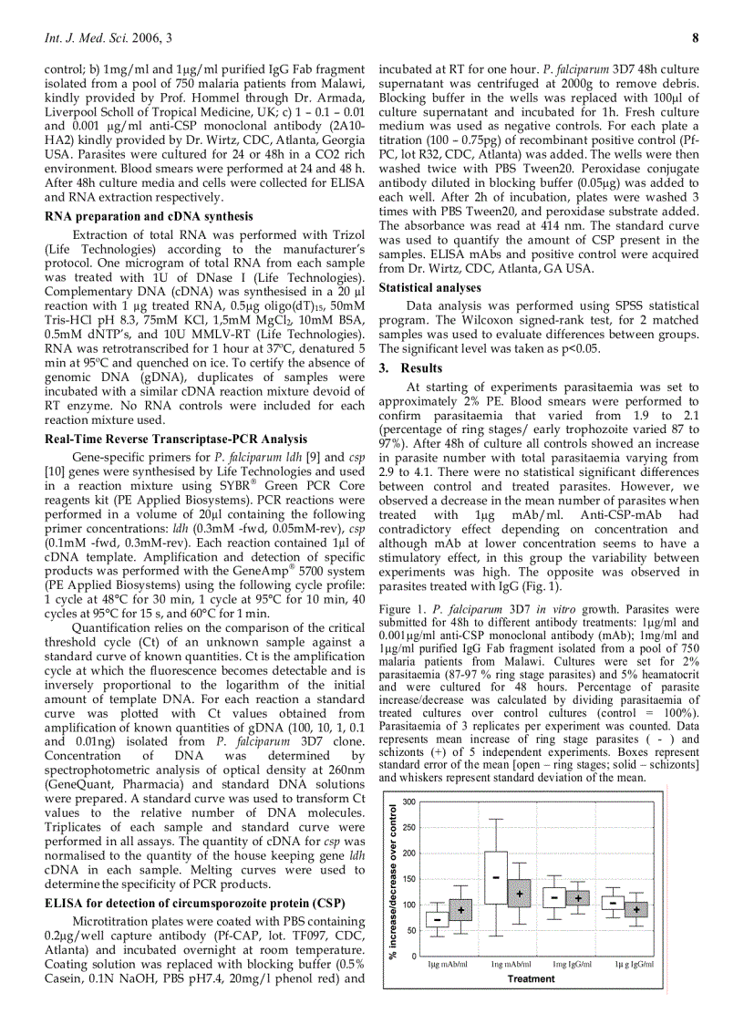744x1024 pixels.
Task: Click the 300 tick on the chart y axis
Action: [410, 802]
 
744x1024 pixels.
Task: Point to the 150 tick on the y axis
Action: [410, 878]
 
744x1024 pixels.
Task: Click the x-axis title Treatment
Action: [531, 978]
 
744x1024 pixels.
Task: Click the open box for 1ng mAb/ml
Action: [496, 877]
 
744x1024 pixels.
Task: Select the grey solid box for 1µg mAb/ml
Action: [460, 909]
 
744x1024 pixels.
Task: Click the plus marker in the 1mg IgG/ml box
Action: [577, 898]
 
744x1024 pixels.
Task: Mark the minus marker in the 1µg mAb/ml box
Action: [438, 920]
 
